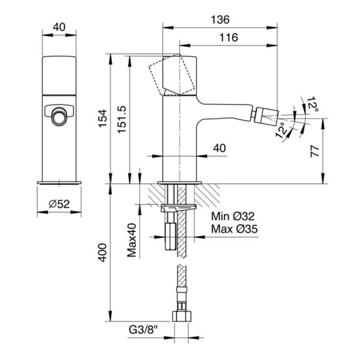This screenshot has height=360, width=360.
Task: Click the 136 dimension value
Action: click(220, 20)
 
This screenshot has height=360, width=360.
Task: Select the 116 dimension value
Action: click(229, 38)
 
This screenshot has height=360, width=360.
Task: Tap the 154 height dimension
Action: click(103, 118)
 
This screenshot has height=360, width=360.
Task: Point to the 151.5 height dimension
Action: click(122, 119)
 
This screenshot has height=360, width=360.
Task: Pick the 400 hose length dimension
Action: click(102, 253)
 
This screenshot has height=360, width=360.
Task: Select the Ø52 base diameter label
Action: click(59, 204)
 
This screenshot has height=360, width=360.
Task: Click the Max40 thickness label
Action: click(132, 240)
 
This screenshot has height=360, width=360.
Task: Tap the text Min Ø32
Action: click(233, 217)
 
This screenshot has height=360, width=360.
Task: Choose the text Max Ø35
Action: click(235, 229)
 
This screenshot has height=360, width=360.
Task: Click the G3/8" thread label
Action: click(143, 330)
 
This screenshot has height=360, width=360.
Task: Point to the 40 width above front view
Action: click(59, 27)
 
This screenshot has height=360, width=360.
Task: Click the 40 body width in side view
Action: click(220, 148)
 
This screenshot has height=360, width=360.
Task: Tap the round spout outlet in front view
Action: click(59, 116)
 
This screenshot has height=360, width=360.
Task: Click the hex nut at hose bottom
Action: click(182, 316)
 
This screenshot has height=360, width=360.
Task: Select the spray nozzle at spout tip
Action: click(267, 115)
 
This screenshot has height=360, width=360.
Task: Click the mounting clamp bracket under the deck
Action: click(178, 208)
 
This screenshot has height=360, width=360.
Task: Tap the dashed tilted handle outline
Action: click(172, 75)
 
